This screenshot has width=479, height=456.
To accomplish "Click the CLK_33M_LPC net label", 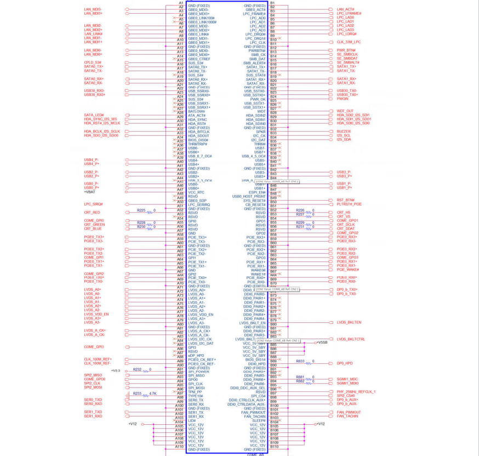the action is [349, 42].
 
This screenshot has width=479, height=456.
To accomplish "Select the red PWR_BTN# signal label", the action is [346, 50].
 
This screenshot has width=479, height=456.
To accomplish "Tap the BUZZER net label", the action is [344, 132].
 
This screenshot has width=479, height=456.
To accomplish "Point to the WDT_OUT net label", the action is [345, 111].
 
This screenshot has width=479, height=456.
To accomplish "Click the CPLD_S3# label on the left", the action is [93, 62].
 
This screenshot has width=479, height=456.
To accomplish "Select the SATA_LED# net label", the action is [94, 115].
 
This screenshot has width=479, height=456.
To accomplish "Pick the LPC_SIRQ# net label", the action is [94, 204].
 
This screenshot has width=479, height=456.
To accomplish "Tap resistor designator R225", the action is [141, 210].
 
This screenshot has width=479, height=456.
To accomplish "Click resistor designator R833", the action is [300, 361].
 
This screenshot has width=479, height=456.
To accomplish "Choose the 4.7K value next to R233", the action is [153, 394].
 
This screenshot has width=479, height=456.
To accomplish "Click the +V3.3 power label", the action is [116, 371].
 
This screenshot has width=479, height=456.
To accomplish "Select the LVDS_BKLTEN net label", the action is [349, 322].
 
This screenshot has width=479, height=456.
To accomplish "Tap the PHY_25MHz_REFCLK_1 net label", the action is [356, 392].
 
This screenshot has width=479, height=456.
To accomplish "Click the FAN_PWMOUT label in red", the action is [349, 412].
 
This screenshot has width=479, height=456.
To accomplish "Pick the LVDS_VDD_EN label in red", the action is [96, 314].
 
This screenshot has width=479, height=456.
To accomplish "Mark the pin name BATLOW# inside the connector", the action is [196, 111].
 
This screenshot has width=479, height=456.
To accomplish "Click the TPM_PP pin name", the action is [195, 392].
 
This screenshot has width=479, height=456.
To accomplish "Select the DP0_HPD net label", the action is [345, 363].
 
